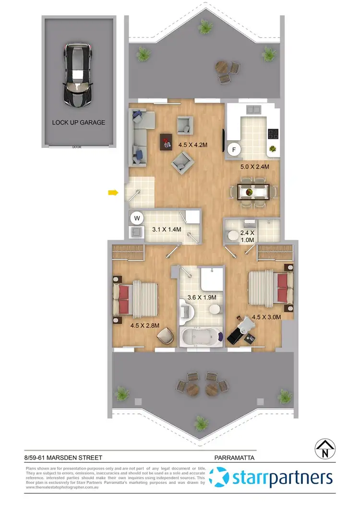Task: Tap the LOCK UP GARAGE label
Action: pos(78,122)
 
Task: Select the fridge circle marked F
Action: pos(234,149)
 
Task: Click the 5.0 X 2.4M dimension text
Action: pos(254,167)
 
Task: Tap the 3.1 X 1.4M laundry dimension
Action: pos(166,230)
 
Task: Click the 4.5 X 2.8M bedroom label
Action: pos(144,325)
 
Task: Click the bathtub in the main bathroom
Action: pos(201,337)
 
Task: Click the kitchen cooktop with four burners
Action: pos(273,133)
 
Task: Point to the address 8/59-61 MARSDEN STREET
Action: pos(62,459)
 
